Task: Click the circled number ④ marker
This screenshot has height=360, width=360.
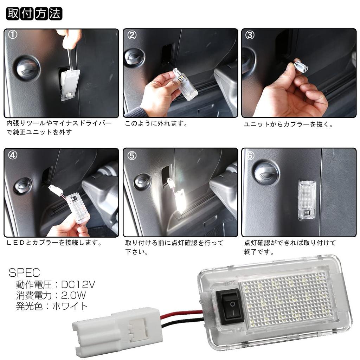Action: (x=13, y=155)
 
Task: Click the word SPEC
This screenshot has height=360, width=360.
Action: (x=24, y=272)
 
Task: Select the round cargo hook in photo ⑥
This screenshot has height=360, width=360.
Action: (x=266, y=172)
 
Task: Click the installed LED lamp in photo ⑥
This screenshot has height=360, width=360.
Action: (x=307, y=200)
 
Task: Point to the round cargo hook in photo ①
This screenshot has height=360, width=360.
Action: (x=27, y=68)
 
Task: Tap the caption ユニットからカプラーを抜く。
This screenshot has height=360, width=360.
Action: (x=289, y=124)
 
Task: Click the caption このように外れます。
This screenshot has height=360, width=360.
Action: (x=156, y=124)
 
